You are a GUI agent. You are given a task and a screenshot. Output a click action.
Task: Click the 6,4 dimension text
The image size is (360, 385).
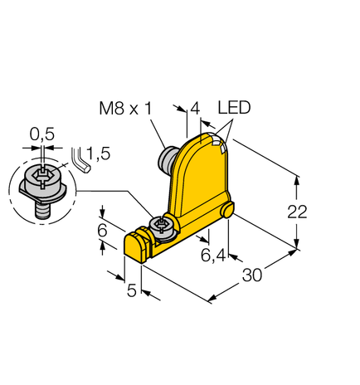pos(213,255)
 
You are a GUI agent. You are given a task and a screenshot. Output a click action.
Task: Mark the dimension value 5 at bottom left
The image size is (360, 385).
pos(130,291)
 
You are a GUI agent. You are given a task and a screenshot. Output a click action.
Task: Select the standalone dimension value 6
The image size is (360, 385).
pos(102,231)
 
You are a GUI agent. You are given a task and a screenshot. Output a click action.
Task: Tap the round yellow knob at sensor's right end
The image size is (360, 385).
pos(226,213)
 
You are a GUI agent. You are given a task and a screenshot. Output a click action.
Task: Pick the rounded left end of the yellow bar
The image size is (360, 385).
pos(133,244)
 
